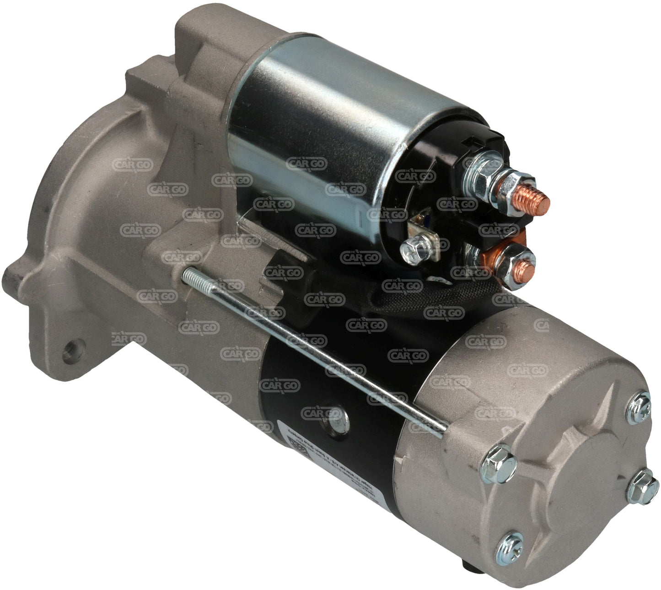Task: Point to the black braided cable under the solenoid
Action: point(412,298)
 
